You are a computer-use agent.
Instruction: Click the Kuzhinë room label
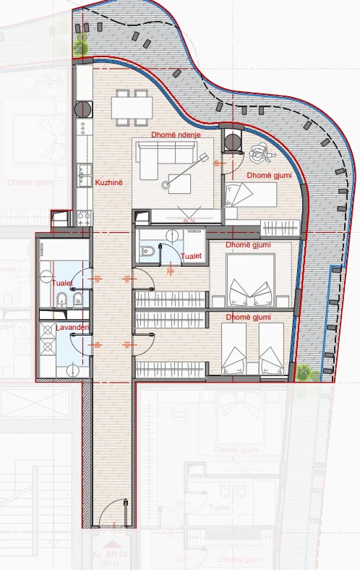pyautogui.click(x=109, y=183)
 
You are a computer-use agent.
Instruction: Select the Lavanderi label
pyautogui.click(x=72, y=328)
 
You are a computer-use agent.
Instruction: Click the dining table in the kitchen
pyautogui.click(x=132, y=108)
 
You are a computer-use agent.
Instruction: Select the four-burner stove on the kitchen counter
pyautogui.click(x=82, y=215)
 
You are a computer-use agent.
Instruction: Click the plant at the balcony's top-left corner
pyautogui.click(x=80, y=46)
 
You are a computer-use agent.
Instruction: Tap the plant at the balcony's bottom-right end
pyautogui.click(x=304, y=373)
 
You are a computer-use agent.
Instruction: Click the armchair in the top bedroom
pyautogui.click(x=258, y=154)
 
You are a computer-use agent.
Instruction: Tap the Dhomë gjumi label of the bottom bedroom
pyautogui.click(x=248, y=318)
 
